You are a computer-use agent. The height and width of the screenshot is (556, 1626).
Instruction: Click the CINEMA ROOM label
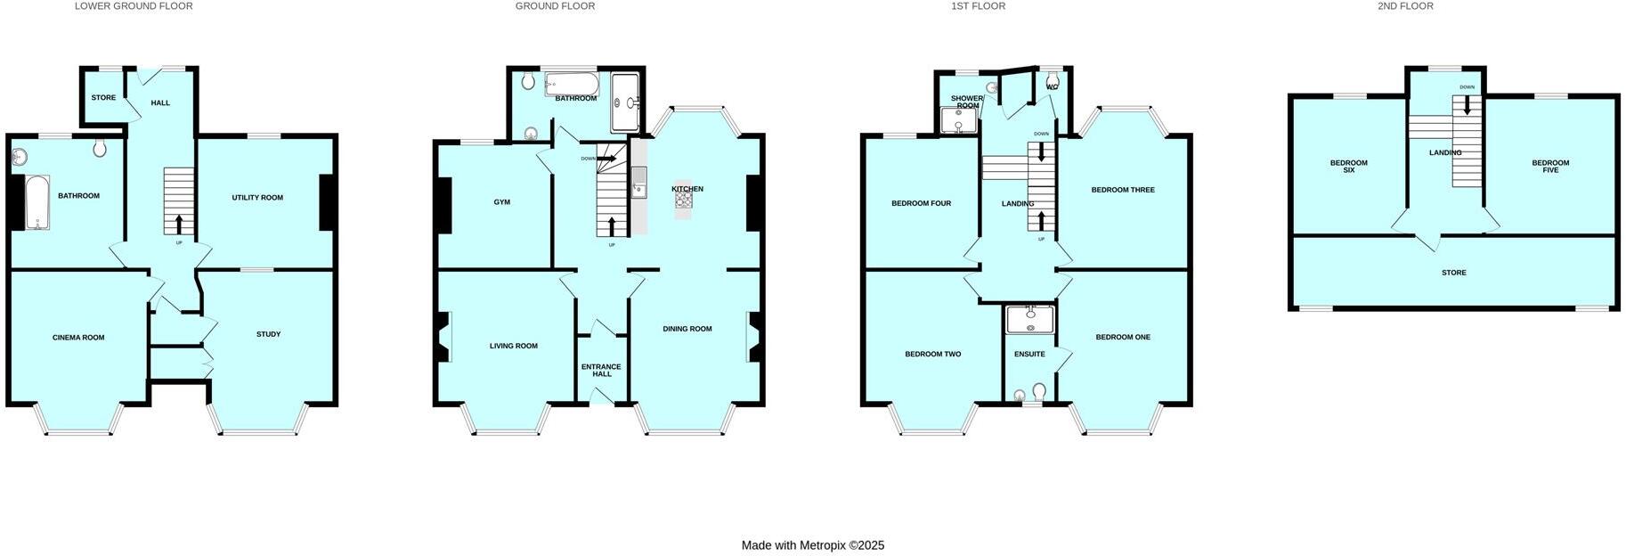click(78, 338)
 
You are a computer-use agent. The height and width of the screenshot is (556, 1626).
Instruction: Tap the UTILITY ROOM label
click(257, 198)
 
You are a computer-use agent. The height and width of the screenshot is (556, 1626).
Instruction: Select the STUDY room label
click(268, 334)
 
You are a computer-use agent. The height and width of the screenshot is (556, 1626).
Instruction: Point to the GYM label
click(502, 202)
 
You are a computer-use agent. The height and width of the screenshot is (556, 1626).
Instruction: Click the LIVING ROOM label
click(514, 346)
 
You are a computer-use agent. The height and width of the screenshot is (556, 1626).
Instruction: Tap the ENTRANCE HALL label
click(601, 370)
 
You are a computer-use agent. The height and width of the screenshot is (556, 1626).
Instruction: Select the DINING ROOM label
click(687, 329)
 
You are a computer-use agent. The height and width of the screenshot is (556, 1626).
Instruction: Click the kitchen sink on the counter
click(638, 187)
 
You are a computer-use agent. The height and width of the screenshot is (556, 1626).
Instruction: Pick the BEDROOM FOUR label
click(921, 203)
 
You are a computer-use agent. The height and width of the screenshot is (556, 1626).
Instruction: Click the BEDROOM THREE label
click(1123, 190)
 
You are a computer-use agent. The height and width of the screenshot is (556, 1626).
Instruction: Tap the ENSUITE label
click(1029, 354)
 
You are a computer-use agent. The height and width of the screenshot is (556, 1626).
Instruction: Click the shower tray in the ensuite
click(1030, 319)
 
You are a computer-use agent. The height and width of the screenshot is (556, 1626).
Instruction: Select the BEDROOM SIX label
click(1348, 166)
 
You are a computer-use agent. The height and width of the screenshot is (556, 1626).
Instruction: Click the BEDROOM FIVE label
click(1550, 166)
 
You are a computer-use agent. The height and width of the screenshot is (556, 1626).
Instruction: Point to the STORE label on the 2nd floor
click(1453, 273)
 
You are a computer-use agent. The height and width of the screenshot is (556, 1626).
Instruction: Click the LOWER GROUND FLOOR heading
click(134, 6)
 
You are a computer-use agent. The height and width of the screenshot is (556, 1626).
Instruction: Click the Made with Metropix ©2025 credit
click(812, 545)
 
